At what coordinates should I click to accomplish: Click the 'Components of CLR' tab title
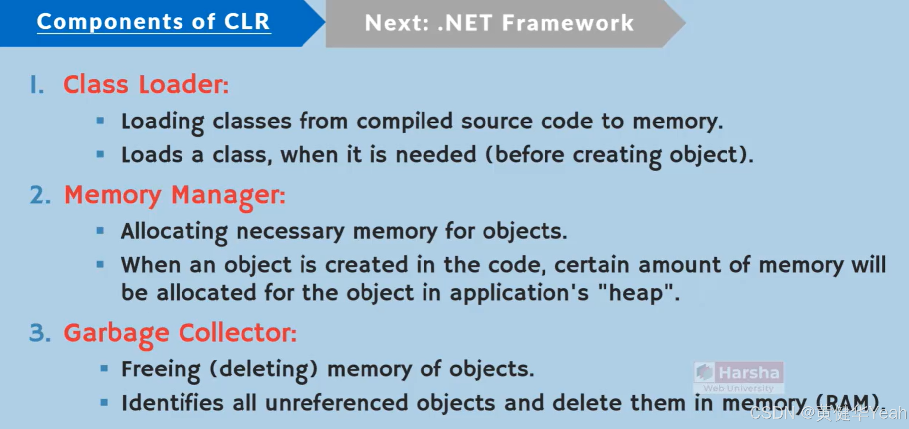[153, 22]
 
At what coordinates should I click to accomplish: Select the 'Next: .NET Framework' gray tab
[499, 23]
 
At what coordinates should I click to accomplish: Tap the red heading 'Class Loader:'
[146, 84]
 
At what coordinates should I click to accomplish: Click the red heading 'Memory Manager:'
[175, 195]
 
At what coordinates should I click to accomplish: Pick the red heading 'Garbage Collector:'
[180, 333]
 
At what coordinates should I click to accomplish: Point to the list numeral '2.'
[40, 195]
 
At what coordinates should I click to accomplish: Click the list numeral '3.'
[40, 333]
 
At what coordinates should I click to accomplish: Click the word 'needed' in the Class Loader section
[435, 155]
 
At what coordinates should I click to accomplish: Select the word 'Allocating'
[174, 231]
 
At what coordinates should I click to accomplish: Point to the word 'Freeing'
[161, 369]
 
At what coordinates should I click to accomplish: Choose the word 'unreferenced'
[336, 403]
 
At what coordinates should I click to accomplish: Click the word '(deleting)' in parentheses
[263, 369]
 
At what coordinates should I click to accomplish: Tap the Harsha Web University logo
[738, 377]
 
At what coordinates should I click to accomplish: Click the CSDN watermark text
[827, 413]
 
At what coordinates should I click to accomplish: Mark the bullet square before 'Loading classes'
[100, 121]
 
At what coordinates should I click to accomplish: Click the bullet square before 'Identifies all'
[104, 402]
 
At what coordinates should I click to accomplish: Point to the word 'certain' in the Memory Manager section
[592, 265]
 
